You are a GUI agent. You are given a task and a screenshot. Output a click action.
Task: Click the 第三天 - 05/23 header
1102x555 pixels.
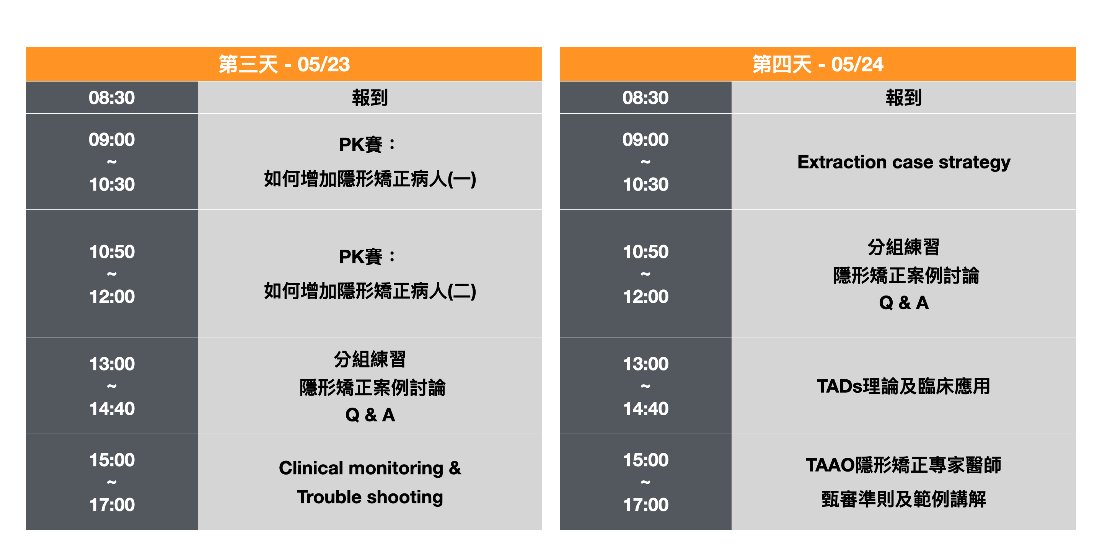[x=284, y=64]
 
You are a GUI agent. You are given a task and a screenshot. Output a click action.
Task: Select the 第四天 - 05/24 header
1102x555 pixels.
[x=818, y=64]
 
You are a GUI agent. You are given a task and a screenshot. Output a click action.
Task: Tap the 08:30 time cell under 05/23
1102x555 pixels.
[x=112, y=98]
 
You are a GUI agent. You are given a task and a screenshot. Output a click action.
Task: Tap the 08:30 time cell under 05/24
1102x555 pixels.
[x=645, y=98]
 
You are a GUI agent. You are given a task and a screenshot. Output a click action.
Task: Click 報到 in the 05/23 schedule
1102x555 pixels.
[x=370, y=98]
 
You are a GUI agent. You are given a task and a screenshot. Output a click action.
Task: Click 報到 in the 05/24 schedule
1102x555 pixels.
[x=903, y=98]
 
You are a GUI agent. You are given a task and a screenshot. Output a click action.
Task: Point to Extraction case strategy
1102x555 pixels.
[x=903, y=162]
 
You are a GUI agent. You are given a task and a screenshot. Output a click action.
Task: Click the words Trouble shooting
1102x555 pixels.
[x=370, y=497]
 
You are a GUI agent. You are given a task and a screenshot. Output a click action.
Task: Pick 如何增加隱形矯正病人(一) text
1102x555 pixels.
[x=370, y=179]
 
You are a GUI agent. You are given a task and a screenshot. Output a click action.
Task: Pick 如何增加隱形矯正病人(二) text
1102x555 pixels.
[x=370, y=291]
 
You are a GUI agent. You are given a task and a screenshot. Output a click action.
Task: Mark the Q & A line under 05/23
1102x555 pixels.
[x=370, y=415]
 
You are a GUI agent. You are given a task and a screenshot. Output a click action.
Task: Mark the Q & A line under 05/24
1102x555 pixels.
[x=903, y=302]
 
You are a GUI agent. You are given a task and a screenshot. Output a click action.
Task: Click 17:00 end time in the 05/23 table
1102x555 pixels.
[x=112, y=504]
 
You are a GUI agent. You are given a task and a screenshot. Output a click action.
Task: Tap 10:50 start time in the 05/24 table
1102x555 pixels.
[x=645, y=251]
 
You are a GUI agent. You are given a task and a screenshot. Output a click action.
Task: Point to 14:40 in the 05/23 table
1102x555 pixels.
[x=112, y=409]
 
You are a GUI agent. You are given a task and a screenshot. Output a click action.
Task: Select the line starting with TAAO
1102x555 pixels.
[x=903, y=465]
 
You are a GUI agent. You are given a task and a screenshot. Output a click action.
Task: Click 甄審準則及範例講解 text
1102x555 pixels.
[x=903, y=499]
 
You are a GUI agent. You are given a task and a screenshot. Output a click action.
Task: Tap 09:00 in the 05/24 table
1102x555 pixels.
[x=645, y=139]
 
